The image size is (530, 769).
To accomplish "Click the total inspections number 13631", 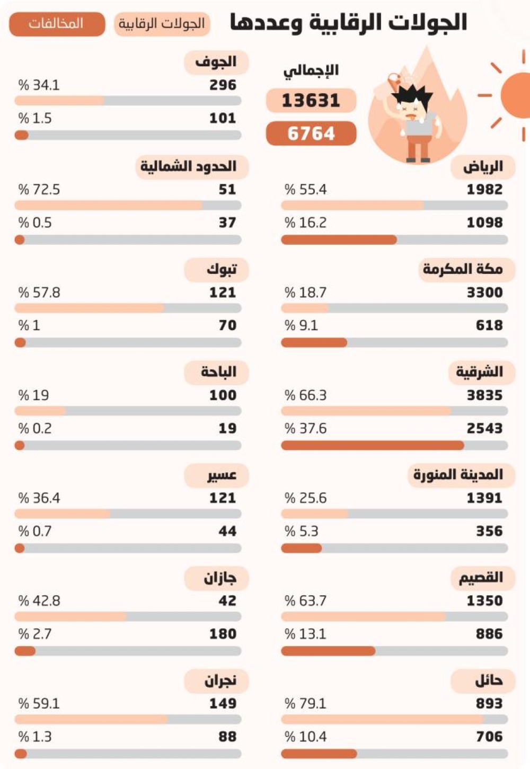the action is [x=311, y=101].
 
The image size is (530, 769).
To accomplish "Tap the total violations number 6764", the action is [x=311, y=134].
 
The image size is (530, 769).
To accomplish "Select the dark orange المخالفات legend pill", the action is [x=57, y=24].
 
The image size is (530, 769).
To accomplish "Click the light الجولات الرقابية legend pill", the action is [x=162, y=24].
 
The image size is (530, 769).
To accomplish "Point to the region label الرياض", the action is [x=483, y=167].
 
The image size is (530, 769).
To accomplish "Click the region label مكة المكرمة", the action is [x=463, y=269].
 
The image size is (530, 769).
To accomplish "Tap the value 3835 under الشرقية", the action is [x=485, y=395].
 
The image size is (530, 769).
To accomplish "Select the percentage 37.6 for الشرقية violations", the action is [x=305, y=428].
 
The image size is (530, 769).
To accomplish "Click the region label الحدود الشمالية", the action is [x=189, y=166].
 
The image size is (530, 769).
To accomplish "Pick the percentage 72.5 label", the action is [x=39, y=190].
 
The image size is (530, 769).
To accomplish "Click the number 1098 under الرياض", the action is [x=485, y=223].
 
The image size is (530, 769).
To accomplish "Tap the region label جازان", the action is [x=220, y=578].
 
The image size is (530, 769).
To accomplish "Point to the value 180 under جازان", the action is [x=223, y=634].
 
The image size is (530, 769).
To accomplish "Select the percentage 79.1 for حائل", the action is [x=305, y=704].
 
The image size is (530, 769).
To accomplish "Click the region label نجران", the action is [x=220, y=681].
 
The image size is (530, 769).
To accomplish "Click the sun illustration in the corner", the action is [x=515, y=95].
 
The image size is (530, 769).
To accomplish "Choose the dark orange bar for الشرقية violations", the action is [x=373, y=445].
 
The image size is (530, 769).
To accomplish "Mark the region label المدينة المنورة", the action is [x=458, y=475].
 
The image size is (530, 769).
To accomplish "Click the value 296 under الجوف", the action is [x=223, y=85].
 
